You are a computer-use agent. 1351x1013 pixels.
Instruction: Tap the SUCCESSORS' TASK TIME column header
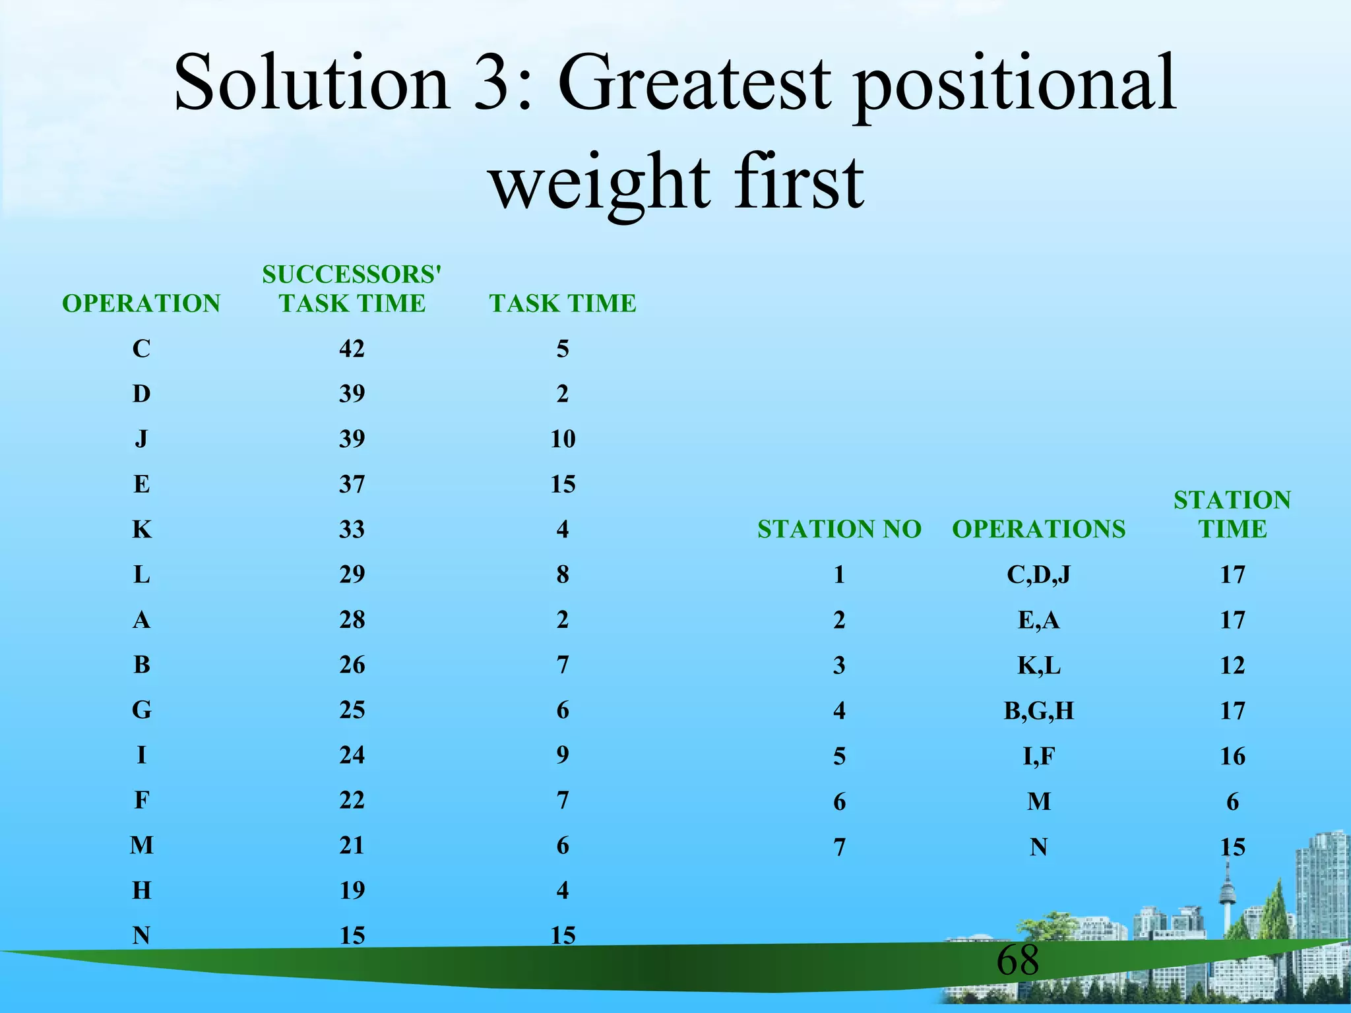point(352,289)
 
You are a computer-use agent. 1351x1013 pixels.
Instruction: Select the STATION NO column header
point(838,529)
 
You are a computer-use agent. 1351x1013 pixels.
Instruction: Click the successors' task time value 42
point(352,348)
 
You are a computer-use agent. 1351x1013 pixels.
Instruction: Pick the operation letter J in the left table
point(141,439)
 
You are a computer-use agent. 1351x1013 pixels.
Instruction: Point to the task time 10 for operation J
point(563,439)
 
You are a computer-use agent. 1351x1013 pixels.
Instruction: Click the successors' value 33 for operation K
point(352,529)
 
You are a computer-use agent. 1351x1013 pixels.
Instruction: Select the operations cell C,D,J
point(1038,574)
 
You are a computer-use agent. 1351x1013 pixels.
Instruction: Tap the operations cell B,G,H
point(1038,710)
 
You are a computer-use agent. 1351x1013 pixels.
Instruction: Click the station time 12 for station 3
point(1232,665)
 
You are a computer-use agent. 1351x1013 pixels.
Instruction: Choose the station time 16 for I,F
point(1232,756)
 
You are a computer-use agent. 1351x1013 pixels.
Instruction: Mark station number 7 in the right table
point(838,847)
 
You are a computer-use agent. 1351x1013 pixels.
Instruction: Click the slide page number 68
point(1017,960)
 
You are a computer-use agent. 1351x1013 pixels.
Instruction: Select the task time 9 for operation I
point(562,754)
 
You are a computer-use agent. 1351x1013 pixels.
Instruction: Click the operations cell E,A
point(1038,620)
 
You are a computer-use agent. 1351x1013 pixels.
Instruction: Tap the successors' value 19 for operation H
point(352,890)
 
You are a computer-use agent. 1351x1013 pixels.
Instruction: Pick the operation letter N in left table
point(141,935)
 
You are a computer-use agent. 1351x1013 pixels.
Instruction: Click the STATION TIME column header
point(1232,514)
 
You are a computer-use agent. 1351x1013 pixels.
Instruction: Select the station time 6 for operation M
point(1232,801)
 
